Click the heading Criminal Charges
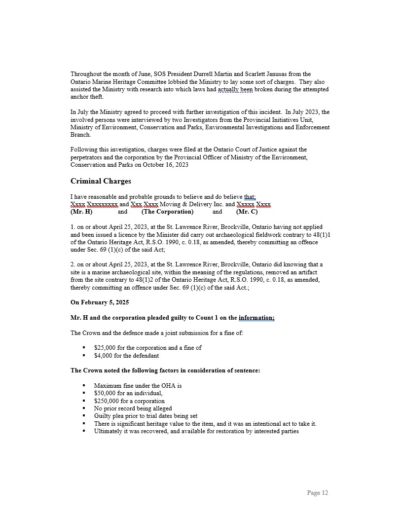[101, 181]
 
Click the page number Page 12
[317, 492]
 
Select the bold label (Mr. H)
[81, 212]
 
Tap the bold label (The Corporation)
[167, 212]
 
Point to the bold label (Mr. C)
[247, 212]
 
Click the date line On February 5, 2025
[100, 302]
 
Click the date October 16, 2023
[162, 165]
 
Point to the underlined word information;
[256, 318]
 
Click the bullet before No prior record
[84, 408]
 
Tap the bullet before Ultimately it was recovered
[84, 431]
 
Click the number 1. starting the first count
[73, 227]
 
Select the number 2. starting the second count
[73, 264]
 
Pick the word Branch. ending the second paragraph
[80, 134]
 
